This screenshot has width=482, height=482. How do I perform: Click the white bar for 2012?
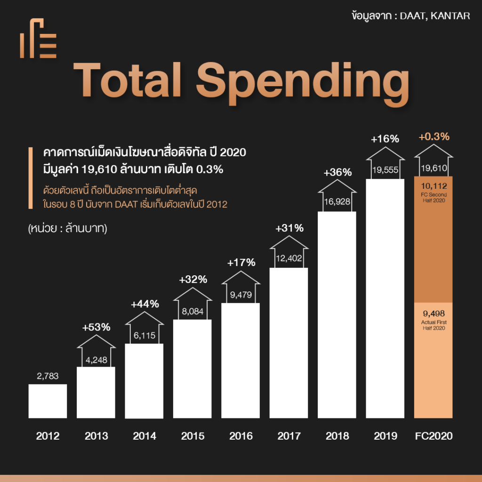click(48, 401)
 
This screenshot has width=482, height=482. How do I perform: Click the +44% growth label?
click(145, 304)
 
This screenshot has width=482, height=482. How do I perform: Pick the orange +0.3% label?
click(434, 137)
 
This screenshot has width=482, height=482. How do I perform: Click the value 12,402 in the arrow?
click(289, 257)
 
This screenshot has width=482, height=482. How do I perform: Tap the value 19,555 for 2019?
click(385, 170)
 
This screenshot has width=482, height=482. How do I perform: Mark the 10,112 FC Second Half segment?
click(434, 239)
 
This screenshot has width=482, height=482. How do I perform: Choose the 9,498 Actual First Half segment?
click(434, 360)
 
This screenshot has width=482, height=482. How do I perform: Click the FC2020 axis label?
click(434, 436)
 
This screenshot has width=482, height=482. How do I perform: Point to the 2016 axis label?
click(241, 436)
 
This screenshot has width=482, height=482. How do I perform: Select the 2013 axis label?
click(96, 436)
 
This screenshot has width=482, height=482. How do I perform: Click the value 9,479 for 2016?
click(241, 295)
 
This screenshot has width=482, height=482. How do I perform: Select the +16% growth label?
click(385, 139)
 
